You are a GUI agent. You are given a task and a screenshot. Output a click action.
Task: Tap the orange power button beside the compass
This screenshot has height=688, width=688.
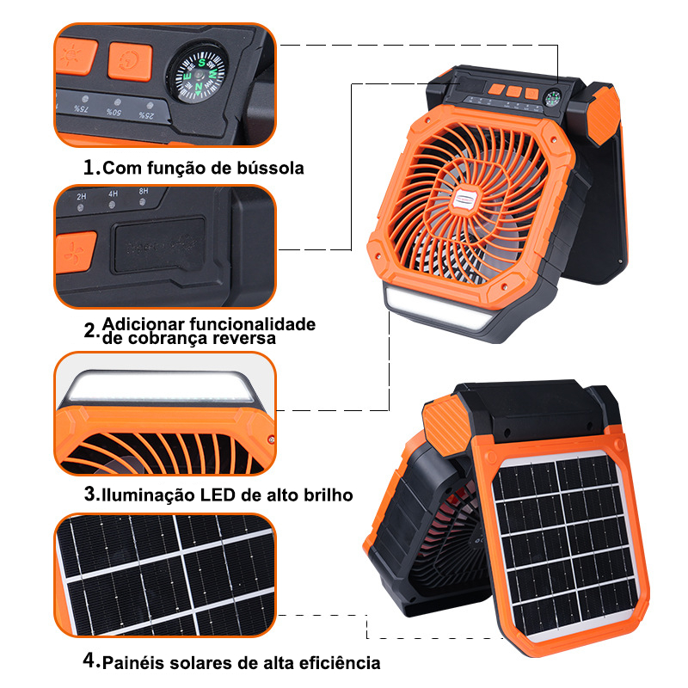(x=130, y=61)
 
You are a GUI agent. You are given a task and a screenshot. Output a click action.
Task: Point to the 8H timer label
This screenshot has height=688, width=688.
(x=144, y=191)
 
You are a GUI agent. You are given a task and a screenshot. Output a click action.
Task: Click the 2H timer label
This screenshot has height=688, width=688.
(x=81, y=197)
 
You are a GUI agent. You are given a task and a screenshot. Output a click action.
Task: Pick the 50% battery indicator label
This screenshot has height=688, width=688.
(x=114, y=113)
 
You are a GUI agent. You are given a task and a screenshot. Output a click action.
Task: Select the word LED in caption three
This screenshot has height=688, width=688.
(x=218, y=495)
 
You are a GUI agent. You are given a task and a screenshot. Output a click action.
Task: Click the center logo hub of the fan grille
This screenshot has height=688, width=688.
(x=467, y=197)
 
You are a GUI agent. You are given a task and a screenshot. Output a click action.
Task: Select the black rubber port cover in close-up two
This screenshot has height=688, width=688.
(x=159, y=246)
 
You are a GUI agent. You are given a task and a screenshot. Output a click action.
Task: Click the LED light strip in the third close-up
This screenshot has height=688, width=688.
(x=161, y=386)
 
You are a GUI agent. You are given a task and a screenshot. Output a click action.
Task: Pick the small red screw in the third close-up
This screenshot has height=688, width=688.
(x=271, y=439)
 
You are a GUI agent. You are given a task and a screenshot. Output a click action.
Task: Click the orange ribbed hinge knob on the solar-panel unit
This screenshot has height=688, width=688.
(x=444, y=421)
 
